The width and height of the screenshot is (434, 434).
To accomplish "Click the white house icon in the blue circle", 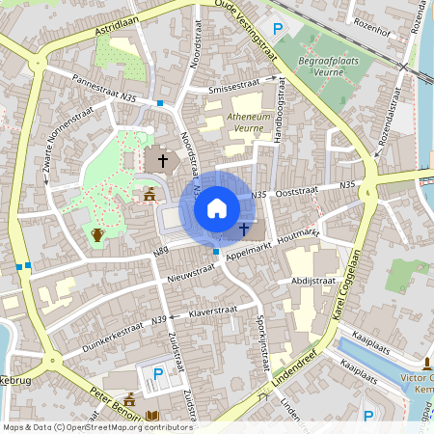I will pyautogui.click(x=216, y=207).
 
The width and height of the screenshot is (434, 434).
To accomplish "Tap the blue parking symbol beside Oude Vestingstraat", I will pyautogui.click(x=279, y=29).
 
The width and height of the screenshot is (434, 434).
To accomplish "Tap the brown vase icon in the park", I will pyautogui.click(x=96, y=233).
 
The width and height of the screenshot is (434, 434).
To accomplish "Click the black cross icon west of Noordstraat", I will pyautogui.click(x=163, y=161).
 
